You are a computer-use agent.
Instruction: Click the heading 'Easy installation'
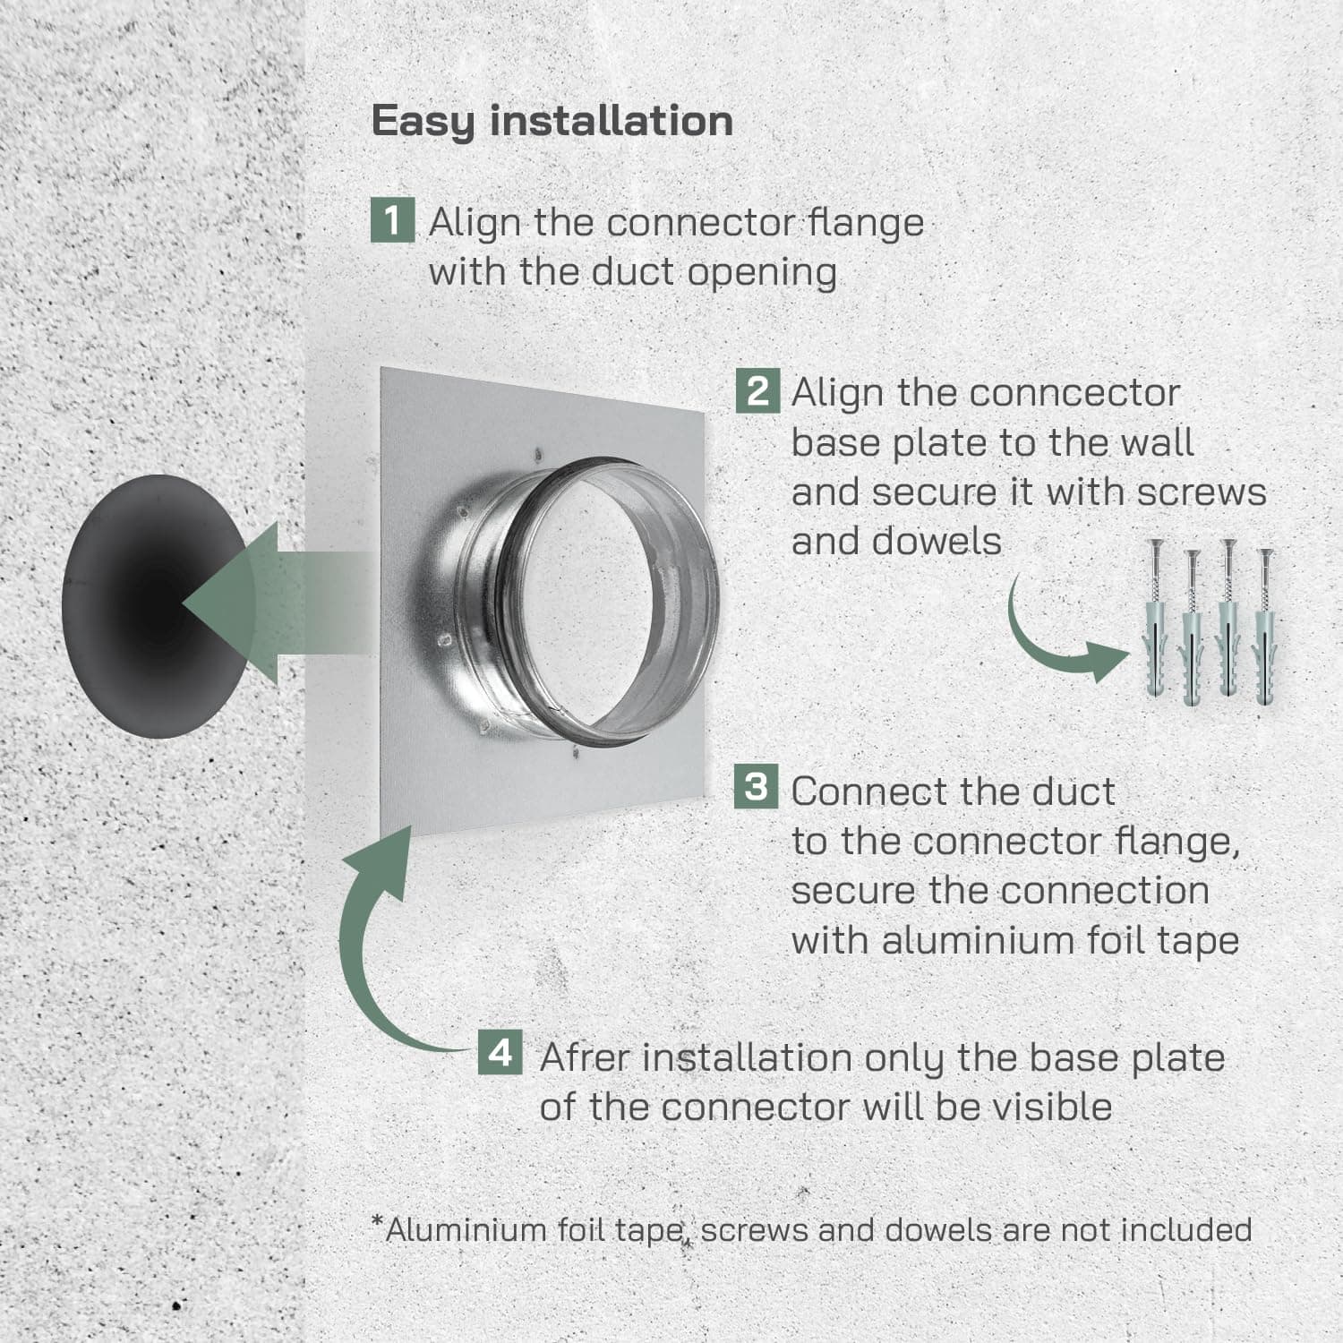[x=552, y=121]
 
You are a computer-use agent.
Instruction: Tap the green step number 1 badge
[x=392, y=220]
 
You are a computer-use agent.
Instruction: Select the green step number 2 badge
[x=757, y=391]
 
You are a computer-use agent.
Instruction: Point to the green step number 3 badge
[x=757, y=786]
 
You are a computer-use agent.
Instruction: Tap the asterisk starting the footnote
[x=378, y=1222]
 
